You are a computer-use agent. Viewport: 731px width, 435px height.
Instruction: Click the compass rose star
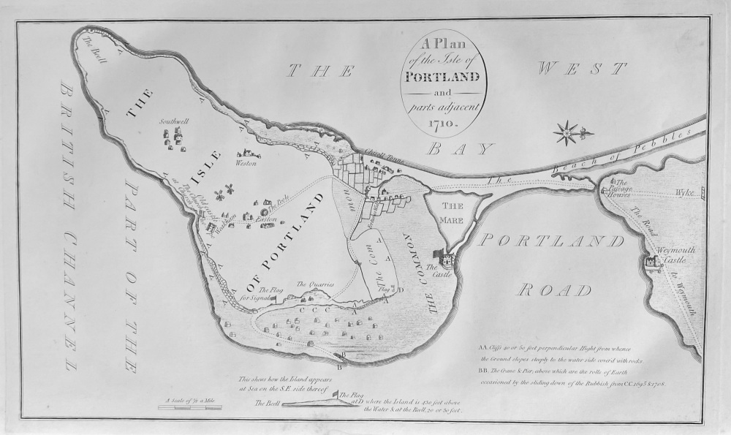(567, 133)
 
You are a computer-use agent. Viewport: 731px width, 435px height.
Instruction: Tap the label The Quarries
(315, 284)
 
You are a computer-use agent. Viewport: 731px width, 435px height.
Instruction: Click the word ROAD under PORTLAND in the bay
(554, 290)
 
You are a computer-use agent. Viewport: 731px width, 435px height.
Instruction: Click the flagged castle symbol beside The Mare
(447, 259)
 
